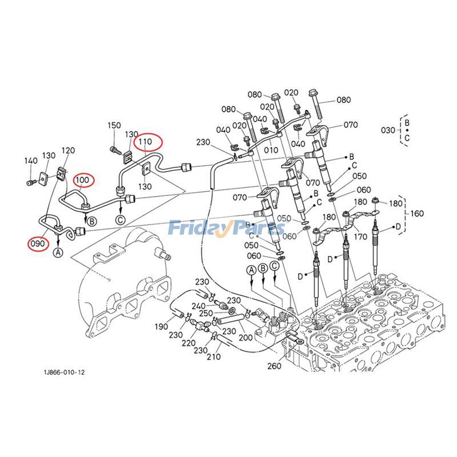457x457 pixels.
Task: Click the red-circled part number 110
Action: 145,141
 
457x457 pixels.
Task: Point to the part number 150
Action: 114,125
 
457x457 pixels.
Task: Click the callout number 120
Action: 67,150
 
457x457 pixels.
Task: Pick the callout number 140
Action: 30,162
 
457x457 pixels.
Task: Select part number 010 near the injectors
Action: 271,151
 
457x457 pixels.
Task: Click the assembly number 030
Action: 388,130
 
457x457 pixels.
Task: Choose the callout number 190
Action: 161,326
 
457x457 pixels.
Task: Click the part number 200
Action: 246,338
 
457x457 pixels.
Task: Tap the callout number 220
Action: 188,343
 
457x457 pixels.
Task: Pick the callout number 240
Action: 198,306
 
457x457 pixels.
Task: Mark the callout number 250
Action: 206,314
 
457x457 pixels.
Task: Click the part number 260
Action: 274,366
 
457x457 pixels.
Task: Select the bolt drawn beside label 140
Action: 31,182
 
